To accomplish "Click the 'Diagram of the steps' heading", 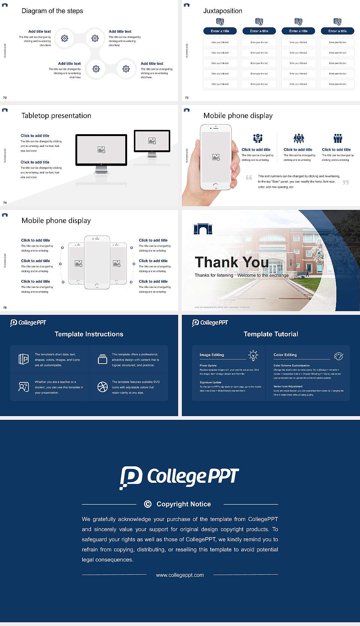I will click(x=52, y=11).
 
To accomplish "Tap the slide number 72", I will click(x=5, y=97).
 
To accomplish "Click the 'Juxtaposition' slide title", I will click(x=222, y=11).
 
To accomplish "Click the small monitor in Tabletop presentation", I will click(x=152, y=141).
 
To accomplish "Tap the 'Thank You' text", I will click(x=231, y=262).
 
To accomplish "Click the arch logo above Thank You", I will click(x=203, y=229).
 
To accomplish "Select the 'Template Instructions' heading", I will click(x=89, y=334).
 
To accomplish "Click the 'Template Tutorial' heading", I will click(x=271, y=334).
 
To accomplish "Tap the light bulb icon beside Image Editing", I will click(x=253, y=355).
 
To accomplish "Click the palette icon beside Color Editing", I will click(x=338, y=356).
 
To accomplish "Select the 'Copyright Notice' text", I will click(x=183, y=504).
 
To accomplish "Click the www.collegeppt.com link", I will click(x=180, y=575).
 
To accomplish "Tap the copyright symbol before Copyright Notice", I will click(x=148, y=504).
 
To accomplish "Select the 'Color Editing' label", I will click(x=285, y=355).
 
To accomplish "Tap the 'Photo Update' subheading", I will click(x=208, y=365).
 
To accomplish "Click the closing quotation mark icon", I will click(x=345, y=182).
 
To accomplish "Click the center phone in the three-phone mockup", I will click(x=97, y=262).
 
